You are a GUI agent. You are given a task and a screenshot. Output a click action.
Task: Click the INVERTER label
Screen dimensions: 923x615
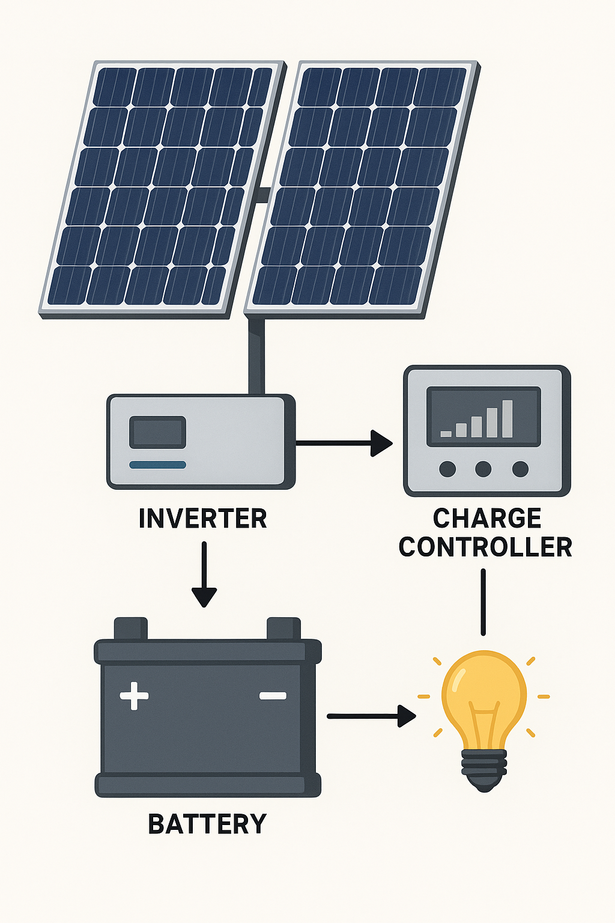click(x=202, y=519)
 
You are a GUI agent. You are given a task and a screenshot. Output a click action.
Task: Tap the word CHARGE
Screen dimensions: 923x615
click(x=487, y=518)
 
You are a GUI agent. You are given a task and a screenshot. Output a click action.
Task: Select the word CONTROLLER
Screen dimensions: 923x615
click(x=485, y=547)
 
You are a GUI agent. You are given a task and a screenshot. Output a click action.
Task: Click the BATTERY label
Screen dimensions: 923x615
click(x=207, y=824)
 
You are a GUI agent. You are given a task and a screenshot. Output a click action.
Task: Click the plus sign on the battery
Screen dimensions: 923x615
click(x=134, y=696)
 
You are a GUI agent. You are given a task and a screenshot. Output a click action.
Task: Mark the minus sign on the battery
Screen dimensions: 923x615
click(x=273, y=696)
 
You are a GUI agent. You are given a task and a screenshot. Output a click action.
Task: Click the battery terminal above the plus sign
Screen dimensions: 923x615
click(x=131, y=629)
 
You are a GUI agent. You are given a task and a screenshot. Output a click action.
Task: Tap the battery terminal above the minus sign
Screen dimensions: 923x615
click(x=283, y=629)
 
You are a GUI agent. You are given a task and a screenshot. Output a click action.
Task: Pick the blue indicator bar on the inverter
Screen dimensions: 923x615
click(x=158, y=465)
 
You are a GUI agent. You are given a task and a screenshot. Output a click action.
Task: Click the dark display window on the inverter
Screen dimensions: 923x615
click(x=158, y=432)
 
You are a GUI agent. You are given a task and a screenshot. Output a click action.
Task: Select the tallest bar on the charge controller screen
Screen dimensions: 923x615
click(x=507, y=418)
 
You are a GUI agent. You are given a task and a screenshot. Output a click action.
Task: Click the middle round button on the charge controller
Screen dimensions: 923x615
click(x=483, y=469)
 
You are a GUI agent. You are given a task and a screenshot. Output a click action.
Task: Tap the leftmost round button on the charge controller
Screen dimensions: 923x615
click(x=447, y=469)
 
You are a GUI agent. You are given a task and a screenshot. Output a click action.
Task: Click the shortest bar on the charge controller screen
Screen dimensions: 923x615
click(x=446, y=433)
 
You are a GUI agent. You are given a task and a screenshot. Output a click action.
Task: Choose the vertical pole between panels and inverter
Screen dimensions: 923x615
click(x=256, y=355)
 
